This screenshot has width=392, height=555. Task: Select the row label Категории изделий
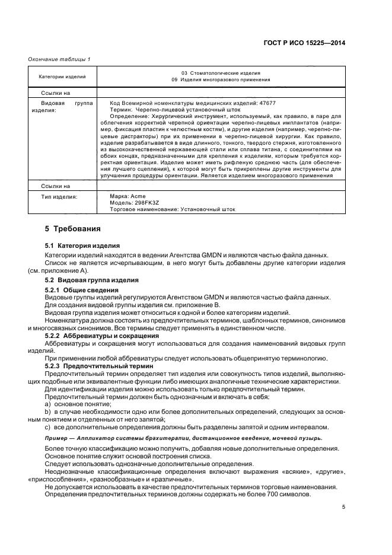[62, 76]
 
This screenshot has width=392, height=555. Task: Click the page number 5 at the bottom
[343, 507]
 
